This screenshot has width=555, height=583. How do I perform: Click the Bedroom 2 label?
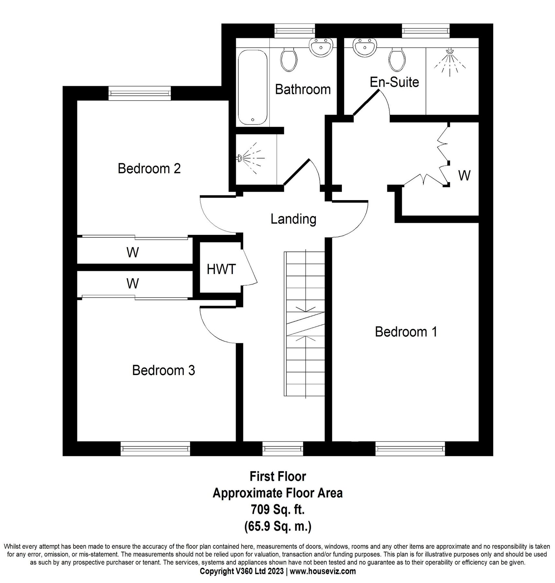click(x=149, y=168)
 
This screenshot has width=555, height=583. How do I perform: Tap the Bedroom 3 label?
click(x=164, y=370)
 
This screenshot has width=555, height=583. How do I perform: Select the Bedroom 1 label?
click(x=406, y=332)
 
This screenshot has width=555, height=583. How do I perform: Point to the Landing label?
click(x=293, y=219)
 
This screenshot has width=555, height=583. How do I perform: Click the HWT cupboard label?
click(x=221, y=269)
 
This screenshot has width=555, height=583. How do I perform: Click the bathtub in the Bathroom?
click(x=253, y=87)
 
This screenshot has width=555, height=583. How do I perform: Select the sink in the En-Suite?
click(x=365, y=47)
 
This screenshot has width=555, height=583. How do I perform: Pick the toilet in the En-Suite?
click(x=397, y=60)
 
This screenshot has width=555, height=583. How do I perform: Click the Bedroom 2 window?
click(x=140, y=93)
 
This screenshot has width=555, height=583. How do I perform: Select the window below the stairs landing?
click(x=283, y=449)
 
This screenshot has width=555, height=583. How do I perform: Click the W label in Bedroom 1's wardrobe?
click(x=464, y=176)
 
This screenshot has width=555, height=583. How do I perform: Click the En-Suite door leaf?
click(x=366, y=103)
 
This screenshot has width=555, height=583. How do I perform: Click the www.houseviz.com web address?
click(x=323, y=571)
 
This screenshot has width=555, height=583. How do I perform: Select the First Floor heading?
click(x=277, y=476)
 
